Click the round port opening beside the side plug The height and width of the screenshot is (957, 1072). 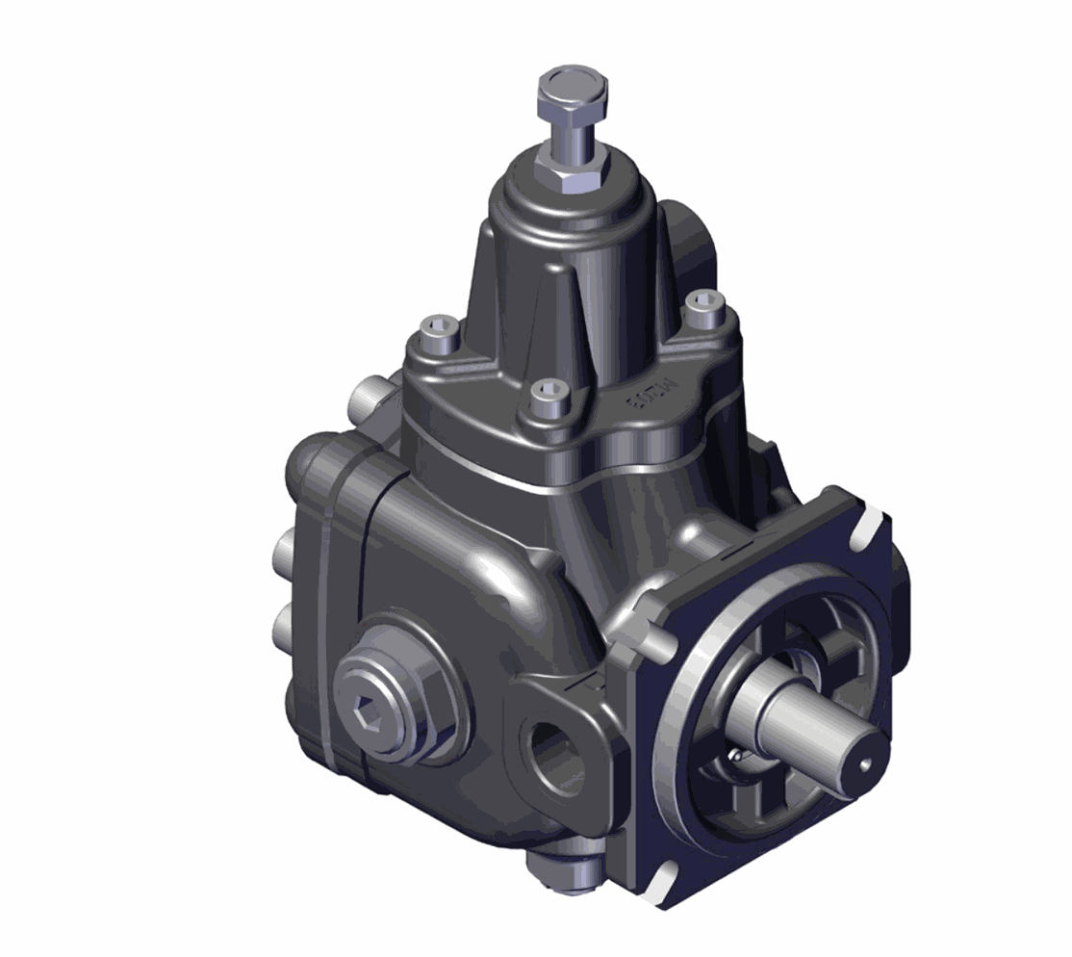pyautogui.click(x=555, y=755)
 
